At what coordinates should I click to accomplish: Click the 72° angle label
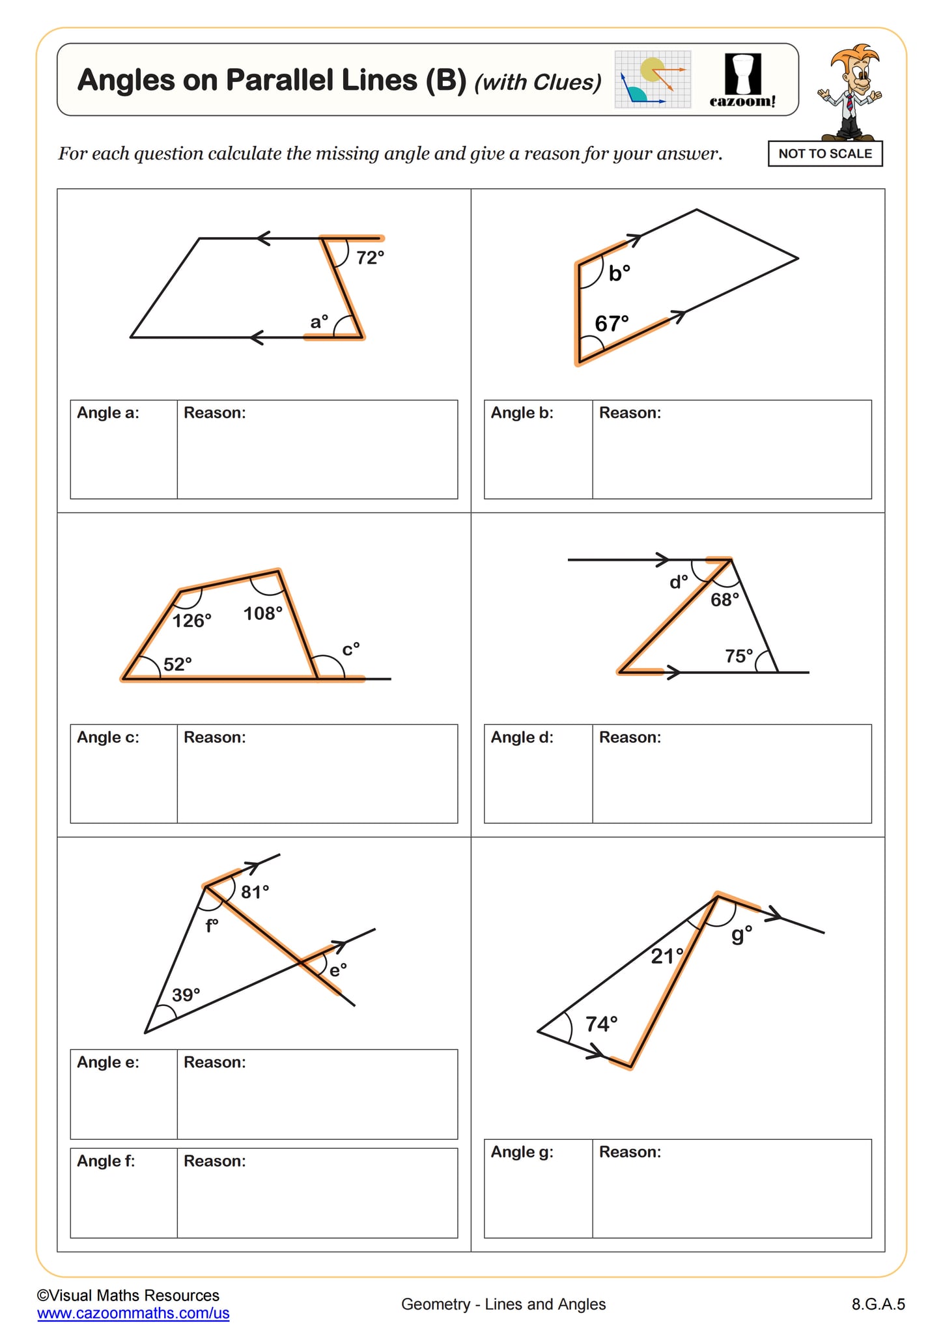click(x=370, y=258)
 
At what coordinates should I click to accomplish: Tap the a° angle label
click(x=319, y=322)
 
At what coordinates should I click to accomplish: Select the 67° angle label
click(x=612, y=323)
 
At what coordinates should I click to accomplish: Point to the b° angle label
click(x=619, y=273)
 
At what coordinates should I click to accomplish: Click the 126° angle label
click(x=192, y=621)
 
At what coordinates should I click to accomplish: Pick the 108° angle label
click(x=263, y=613)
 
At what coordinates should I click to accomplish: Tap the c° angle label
click(x=351, y=649)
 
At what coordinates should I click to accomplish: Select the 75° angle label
click(x=739, y=656)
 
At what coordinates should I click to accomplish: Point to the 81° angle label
click(x=255, y=892)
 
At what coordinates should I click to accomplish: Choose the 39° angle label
click(x=186, y=995)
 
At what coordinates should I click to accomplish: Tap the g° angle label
click(x=742, y=934)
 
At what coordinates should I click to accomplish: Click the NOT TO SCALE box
click(x=825, y=154)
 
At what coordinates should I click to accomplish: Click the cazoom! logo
click(x=743, y=81)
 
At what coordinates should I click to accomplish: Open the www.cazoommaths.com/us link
click(x=134, y=1313)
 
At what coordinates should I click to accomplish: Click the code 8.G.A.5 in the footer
click(x=878, y=1304)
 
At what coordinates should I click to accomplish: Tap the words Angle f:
click(x=106, y=1161)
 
